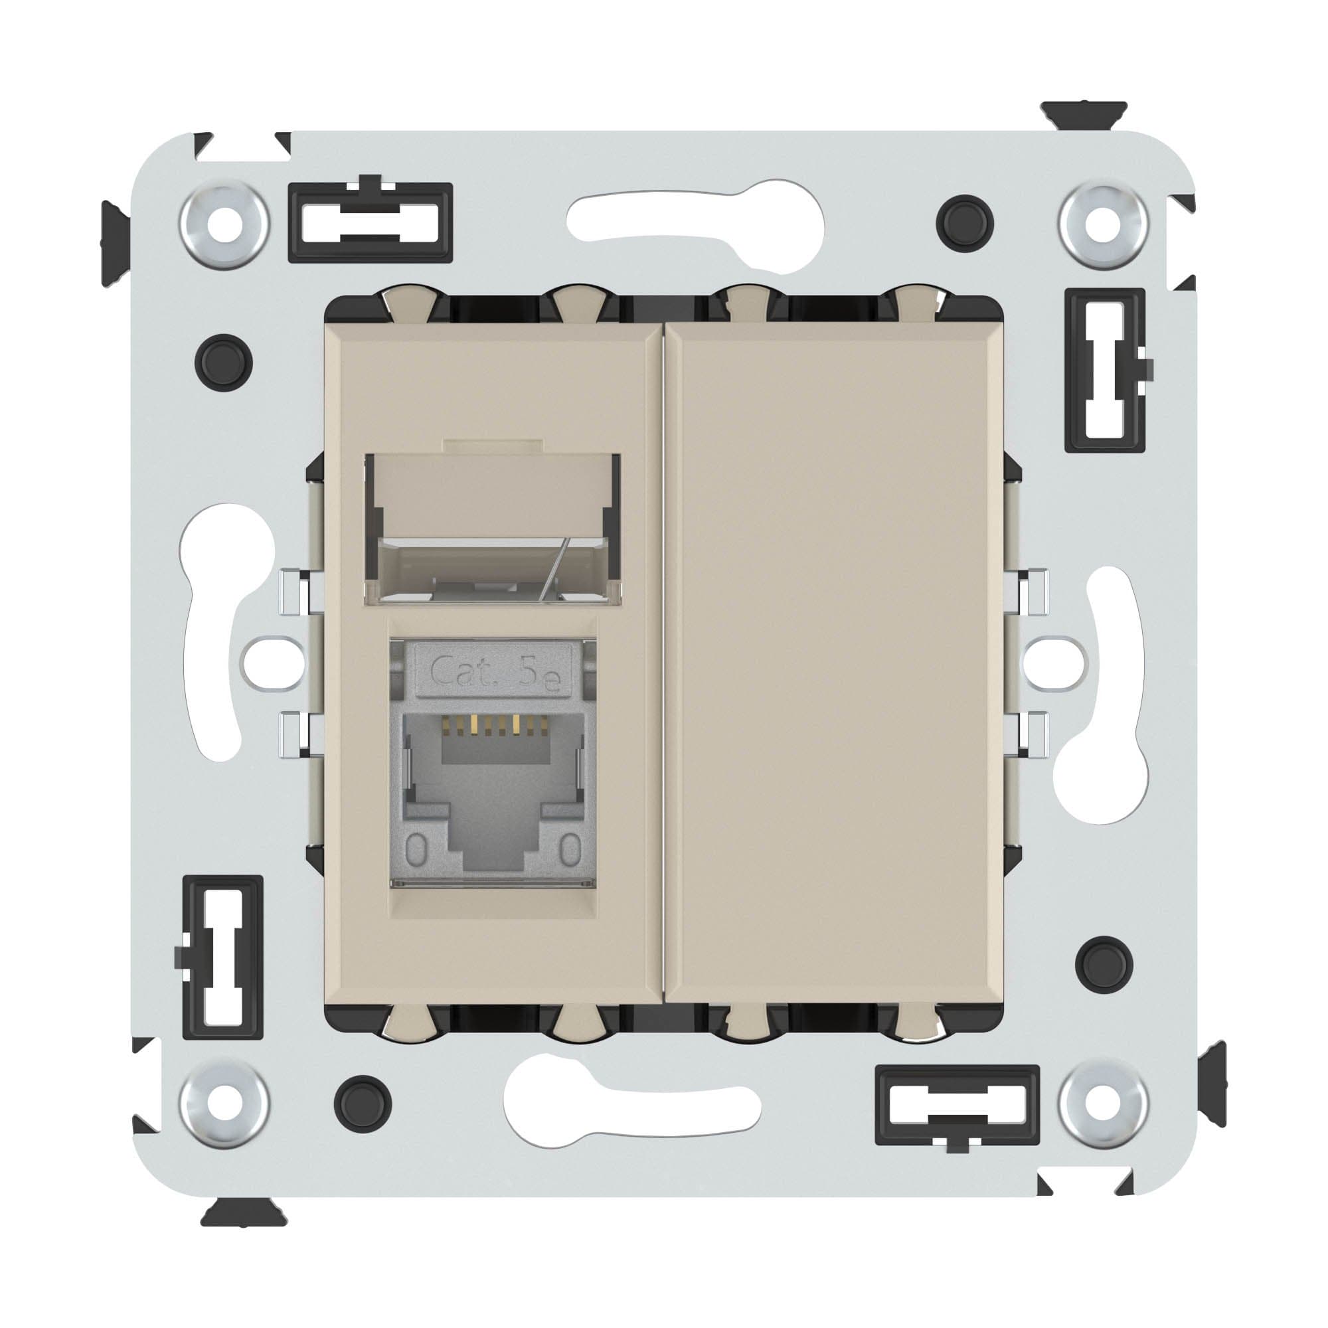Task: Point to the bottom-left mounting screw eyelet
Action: [223, 1104]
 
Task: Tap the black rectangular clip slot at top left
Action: [371, 222]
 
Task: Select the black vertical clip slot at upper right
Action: [1106, 370]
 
